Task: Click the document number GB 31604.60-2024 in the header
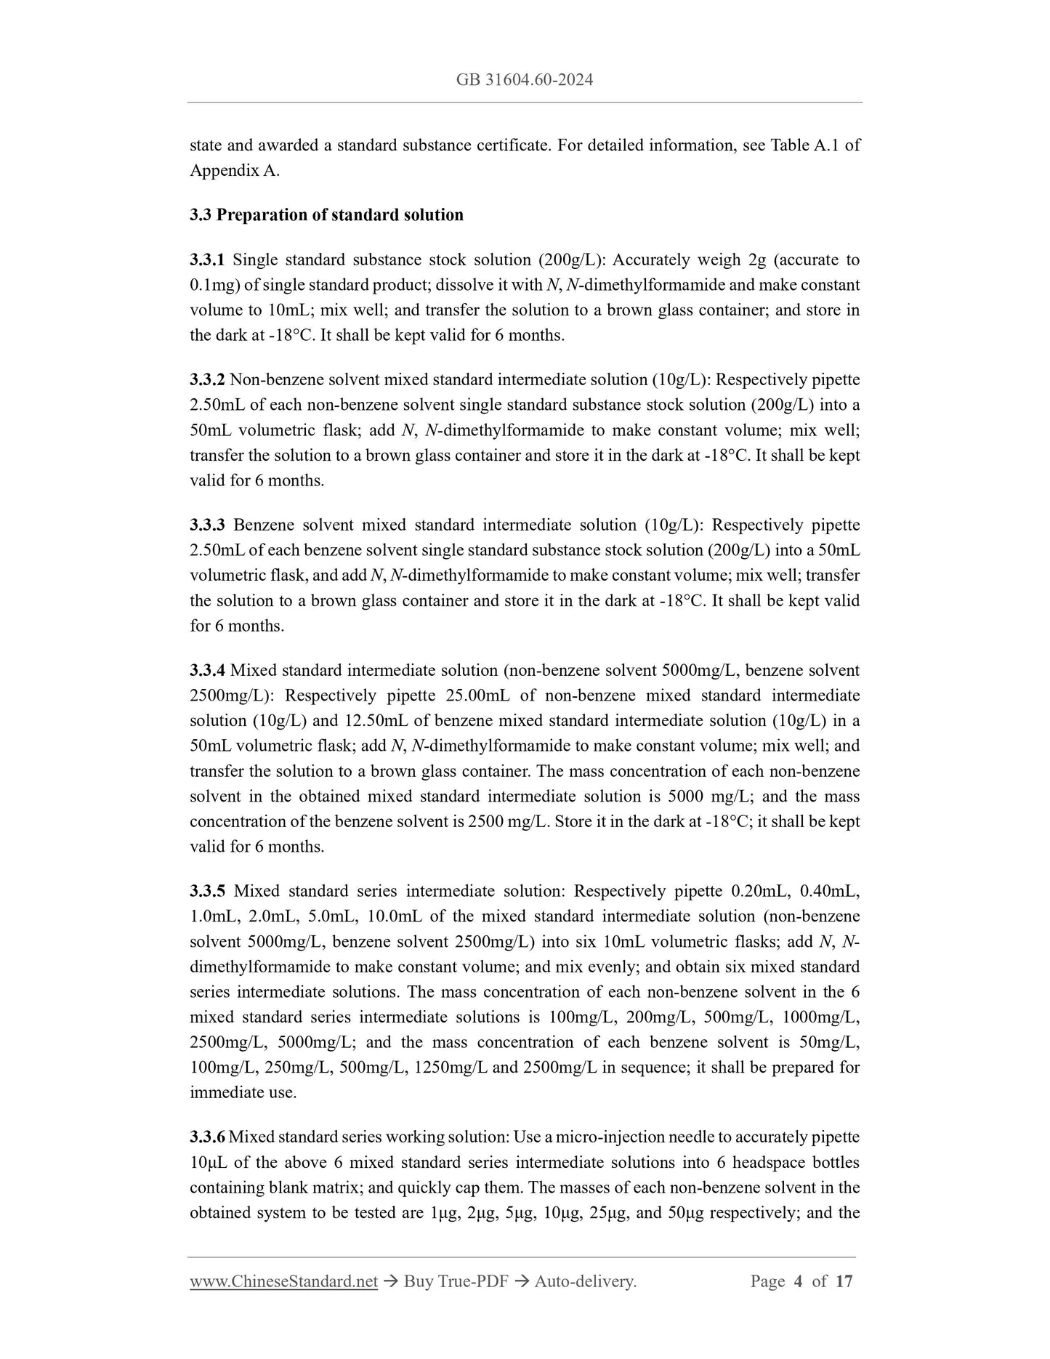[525, 80]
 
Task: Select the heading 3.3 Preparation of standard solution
[326, 215]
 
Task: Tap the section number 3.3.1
[208, 260]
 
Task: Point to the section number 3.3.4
[208, 671]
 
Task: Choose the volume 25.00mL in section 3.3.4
[477, 695]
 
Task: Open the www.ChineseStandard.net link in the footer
[283, 1281]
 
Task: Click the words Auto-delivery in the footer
[585, 1281]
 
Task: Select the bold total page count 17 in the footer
[844, 1281]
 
